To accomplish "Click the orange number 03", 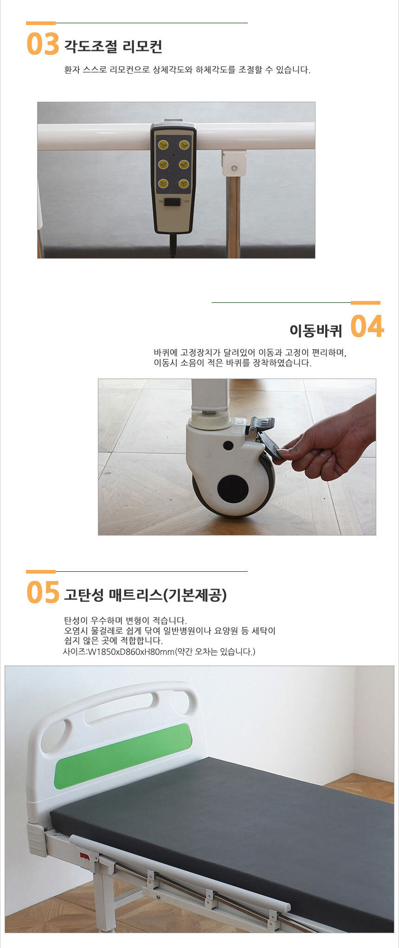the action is coord(43,44).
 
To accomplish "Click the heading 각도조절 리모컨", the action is coord(113,46).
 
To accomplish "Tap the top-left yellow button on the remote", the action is coord(163,145).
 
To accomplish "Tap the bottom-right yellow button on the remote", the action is coord(184,184).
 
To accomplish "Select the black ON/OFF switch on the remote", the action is coord(173,202).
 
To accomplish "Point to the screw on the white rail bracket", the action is coord(235,167).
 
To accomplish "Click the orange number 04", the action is coord(367,326).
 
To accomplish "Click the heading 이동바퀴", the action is coord(315,330).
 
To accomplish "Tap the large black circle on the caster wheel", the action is coord(232,489).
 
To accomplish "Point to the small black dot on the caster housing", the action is coord(228,445).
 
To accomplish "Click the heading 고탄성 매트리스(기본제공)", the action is coord(145,595).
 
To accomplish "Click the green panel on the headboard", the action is coord(123,756).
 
